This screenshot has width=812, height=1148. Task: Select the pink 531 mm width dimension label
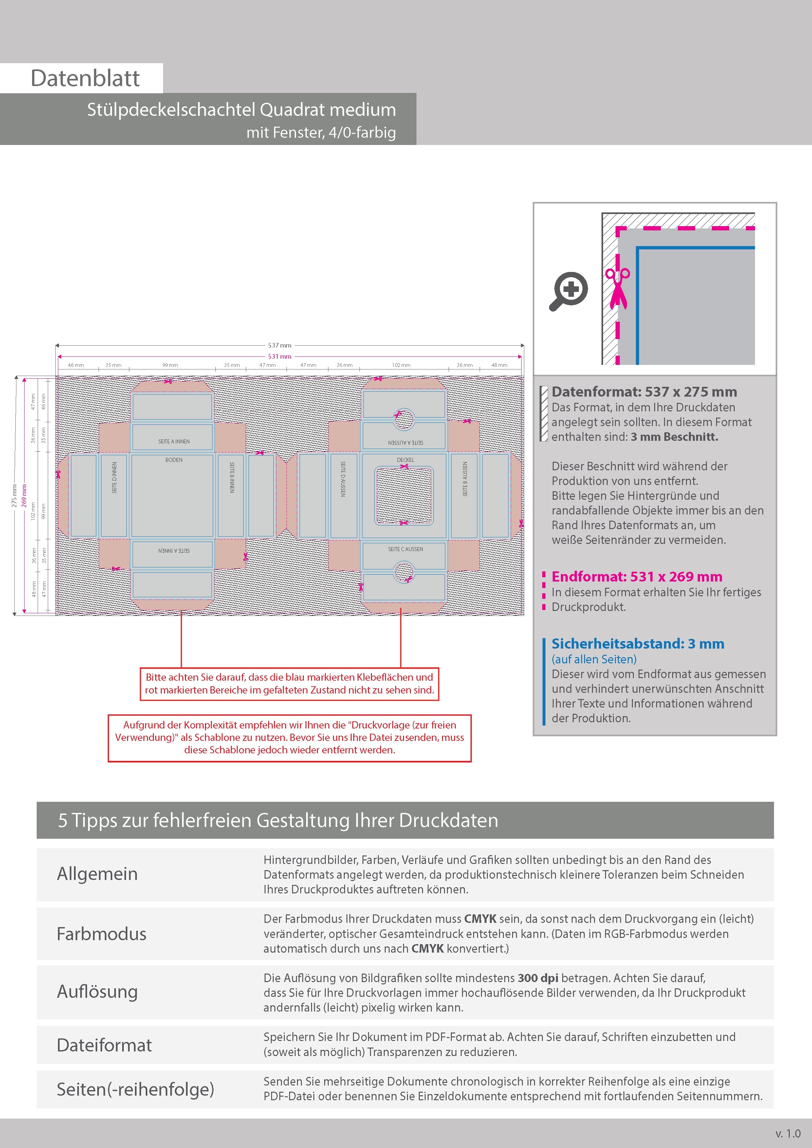click(x=279, y=356)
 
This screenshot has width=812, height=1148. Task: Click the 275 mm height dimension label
click(x=14, y=495)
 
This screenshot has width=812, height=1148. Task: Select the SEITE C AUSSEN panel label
click(x=405, y=549)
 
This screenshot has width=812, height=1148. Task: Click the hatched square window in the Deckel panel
click(x=404, y=495)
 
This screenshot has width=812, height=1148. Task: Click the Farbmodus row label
click(x=101, y=934)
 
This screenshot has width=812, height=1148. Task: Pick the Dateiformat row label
click(x=104, y=1045)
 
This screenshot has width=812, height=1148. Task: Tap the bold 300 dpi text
click(x=538, y=978)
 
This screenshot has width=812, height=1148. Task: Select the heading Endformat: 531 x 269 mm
click(x=637, y=577)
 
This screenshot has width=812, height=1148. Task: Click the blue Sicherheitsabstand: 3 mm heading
click(x=637, y=643)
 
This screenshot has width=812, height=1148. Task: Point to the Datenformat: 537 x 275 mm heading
click(x=644, y=392)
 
